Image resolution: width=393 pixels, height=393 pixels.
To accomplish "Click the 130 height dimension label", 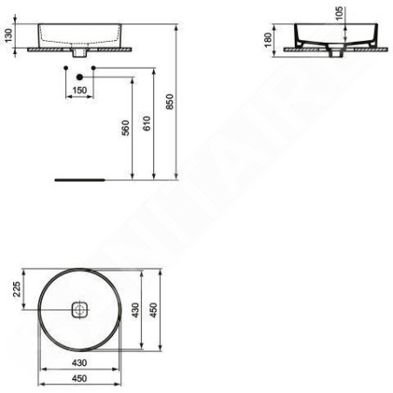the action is coord(9,36).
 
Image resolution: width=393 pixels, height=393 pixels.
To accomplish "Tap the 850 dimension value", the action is coord(170,102).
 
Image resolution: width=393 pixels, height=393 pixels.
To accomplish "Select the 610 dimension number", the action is coord(147,123).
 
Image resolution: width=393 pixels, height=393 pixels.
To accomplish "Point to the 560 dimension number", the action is coord(125,128).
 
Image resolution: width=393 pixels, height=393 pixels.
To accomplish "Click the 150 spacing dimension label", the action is coord(79,90).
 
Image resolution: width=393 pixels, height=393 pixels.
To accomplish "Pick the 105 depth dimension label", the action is coord(339,13).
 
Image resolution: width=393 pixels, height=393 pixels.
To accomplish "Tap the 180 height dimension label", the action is coord(268,40).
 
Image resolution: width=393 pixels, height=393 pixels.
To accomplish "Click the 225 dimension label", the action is coord(17,289).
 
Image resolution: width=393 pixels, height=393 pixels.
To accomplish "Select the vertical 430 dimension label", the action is coord(135,310).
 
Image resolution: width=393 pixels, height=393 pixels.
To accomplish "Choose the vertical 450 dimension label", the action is coord(153,310).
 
